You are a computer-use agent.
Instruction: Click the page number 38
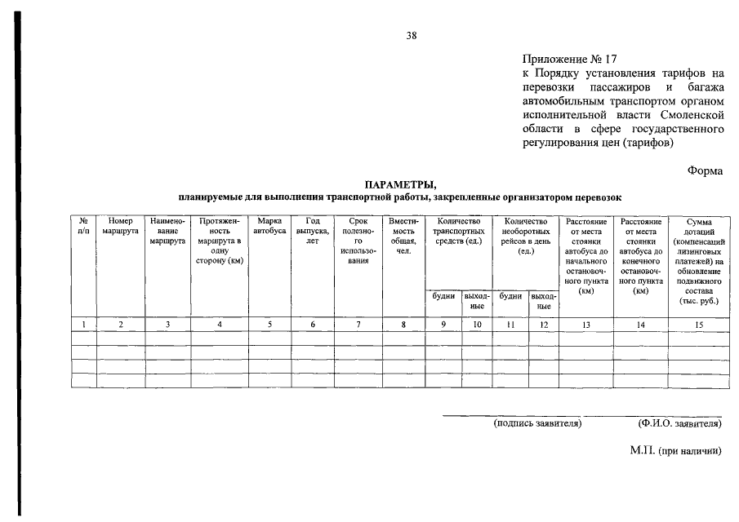pos(412,35)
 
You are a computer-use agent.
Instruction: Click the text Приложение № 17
pos(570,60)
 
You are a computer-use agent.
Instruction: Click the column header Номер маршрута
pos(120,226)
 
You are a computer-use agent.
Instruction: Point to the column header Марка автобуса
pos(269,226)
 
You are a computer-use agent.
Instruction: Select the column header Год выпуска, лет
pos(312,231)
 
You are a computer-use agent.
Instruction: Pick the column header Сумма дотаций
pos(698,260)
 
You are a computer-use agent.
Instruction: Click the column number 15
pos(698,325)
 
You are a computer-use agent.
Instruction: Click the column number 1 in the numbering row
pos(83,325)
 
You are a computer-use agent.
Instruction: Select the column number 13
pos(585,325)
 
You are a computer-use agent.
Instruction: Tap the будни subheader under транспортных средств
pos(443,296)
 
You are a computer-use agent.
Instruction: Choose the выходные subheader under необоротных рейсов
pos(542,301)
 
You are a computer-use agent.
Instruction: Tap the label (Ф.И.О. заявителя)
pos(679,423)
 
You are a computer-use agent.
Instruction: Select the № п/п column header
pos(83,226)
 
